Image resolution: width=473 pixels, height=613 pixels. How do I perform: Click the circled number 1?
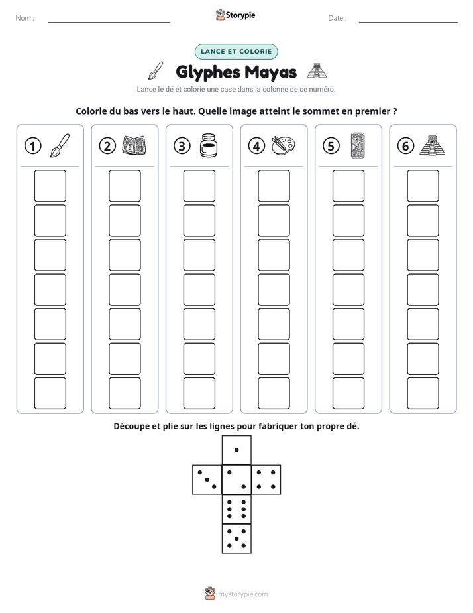32,146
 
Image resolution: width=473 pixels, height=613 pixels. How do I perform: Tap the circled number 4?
256,146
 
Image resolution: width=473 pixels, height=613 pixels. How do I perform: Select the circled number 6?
405,146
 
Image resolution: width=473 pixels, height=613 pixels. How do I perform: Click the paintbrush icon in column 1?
60,145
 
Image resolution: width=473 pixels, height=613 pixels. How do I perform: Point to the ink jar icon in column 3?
209,145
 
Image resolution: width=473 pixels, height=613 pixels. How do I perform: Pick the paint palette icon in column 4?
284,145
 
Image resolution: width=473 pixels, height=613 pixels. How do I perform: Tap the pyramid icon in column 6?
433,145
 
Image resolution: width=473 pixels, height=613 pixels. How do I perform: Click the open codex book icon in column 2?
134,145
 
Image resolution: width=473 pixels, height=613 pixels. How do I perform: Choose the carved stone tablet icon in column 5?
358,145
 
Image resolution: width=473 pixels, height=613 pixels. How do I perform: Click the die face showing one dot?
236,450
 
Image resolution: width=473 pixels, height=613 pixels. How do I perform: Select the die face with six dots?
236,509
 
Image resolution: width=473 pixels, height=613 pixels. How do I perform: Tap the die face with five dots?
236,538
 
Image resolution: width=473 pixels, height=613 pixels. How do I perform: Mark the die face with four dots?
266,480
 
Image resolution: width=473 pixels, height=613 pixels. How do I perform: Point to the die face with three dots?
207,480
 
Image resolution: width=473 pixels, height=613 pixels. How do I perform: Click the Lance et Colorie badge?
236,52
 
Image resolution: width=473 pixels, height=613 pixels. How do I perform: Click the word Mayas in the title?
271,72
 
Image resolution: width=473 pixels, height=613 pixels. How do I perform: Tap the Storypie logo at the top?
235,15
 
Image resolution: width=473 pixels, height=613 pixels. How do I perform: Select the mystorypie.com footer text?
242,594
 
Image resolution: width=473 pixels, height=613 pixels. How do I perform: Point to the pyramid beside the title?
317,71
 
